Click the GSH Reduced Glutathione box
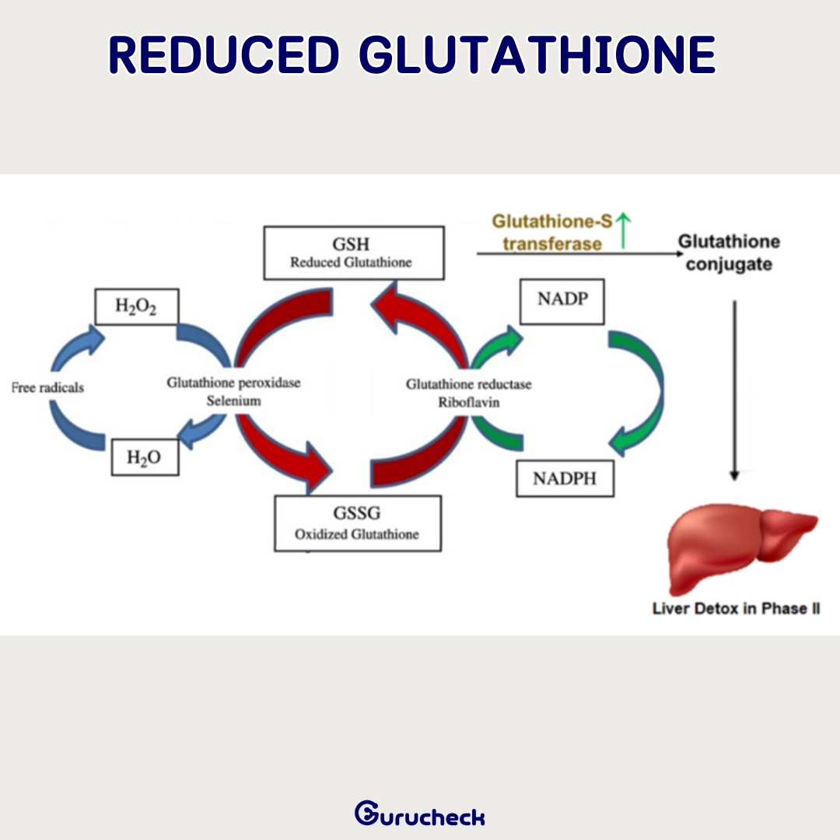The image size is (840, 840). tap(354, 253)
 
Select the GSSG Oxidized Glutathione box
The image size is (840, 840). tap(358, 523)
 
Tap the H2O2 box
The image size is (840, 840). tap(137, 306)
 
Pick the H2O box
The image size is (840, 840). tap(145, 457)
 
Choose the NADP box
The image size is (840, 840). tap(562, 302)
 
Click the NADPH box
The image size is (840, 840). tap(565, 478)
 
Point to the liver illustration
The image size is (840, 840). tap(742, 548)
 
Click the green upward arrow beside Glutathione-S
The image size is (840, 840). tap(623, 230)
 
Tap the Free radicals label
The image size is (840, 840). tap(47, 387)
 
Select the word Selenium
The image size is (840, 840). tap(233, 401)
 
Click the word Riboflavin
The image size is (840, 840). tap(469, 402)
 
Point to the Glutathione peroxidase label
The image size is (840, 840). tap(233, 383)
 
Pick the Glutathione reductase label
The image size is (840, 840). tap(469, 384)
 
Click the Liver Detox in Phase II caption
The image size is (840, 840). tap(736, 608)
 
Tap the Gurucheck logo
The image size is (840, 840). tap(420, 814)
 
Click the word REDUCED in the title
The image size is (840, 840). tap(224, 54)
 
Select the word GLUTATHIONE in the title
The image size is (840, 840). tap(537, 54)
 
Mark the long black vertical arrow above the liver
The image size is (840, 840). tap(734, 390)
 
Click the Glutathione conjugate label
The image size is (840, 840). tap(729, 253)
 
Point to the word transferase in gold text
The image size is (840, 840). tap(552, 244)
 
